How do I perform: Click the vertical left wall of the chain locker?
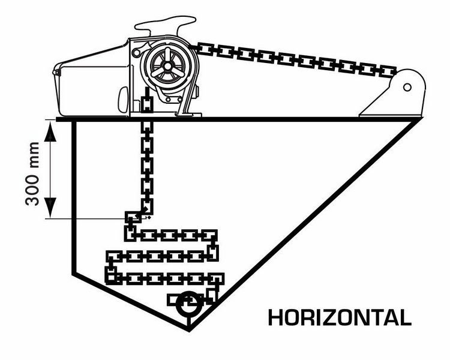[72, 198]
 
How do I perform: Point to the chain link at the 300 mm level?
[132, 217]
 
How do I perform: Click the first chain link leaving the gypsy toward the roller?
[207, 47]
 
